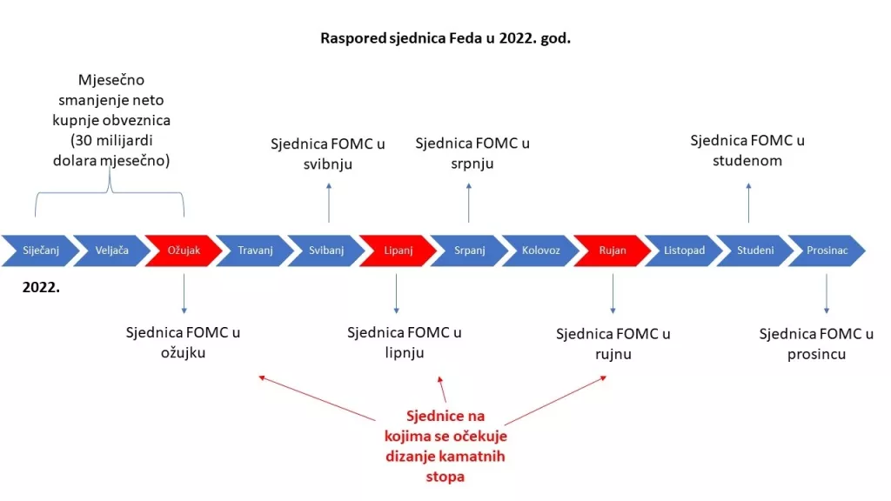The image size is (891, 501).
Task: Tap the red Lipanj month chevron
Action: (x=397, y=250)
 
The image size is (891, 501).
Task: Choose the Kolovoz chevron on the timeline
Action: (x=540, y=250)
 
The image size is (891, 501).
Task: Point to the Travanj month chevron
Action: (x=254, y=250)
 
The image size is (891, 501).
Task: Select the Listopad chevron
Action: (x=683, y=250)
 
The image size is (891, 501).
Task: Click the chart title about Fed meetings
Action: (x=445, y=38)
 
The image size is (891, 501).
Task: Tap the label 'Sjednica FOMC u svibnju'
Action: (x=328, y=152)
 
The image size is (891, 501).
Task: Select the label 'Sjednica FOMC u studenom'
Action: (x=747, y=150)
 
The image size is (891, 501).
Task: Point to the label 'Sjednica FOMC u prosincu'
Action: (x=816, y=344)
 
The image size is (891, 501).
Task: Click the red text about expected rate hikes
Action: (x=445, y=446)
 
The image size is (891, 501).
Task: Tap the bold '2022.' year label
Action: (x=41, y=285)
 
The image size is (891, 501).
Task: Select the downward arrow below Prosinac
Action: (x=827, y=294)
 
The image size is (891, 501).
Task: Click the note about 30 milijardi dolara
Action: (x=110, y=121)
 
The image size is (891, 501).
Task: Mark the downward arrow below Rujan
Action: (x=613, y=294)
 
